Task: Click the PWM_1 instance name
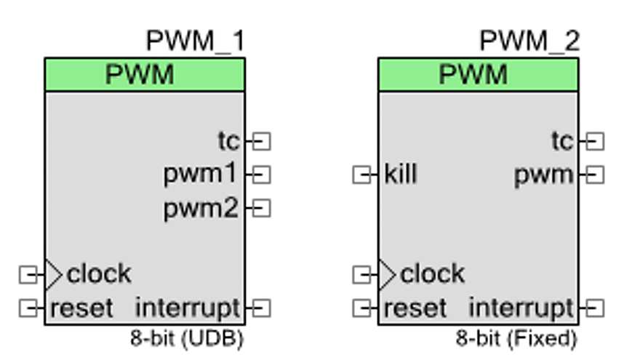pos(195,41)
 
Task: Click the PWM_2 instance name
pos(529,41)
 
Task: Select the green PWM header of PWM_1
pos(144,75)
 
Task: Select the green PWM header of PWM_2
pos(478,75)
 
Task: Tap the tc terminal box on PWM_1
pos(261,141)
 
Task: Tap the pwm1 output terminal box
pos(261,175)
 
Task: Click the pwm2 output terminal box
pos(261,209)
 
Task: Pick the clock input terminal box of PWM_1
pos(28,275)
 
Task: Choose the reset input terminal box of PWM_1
pos(28,308)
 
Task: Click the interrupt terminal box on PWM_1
pos(261,308)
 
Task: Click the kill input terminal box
pos(361,175)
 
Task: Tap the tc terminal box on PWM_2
pos(595,141)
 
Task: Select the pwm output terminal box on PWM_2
pos(595,175)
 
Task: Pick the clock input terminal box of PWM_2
pos(361,275)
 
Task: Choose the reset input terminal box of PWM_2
pos(361,308)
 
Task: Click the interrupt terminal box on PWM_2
pos(595,308)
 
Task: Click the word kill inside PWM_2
pos(401,175)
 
